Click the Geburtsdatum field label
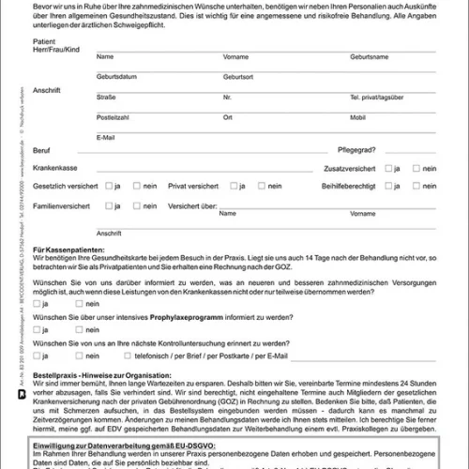(x=117, y=76)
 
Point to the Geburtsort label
(x=238, y=76)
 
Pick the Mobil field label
(x=358, y=117)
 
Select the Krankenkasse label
(x=53, y=168)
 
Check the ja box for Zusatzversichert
(x=389, y=168)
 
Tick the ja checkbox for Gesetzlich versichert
(x=109, y=186)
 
